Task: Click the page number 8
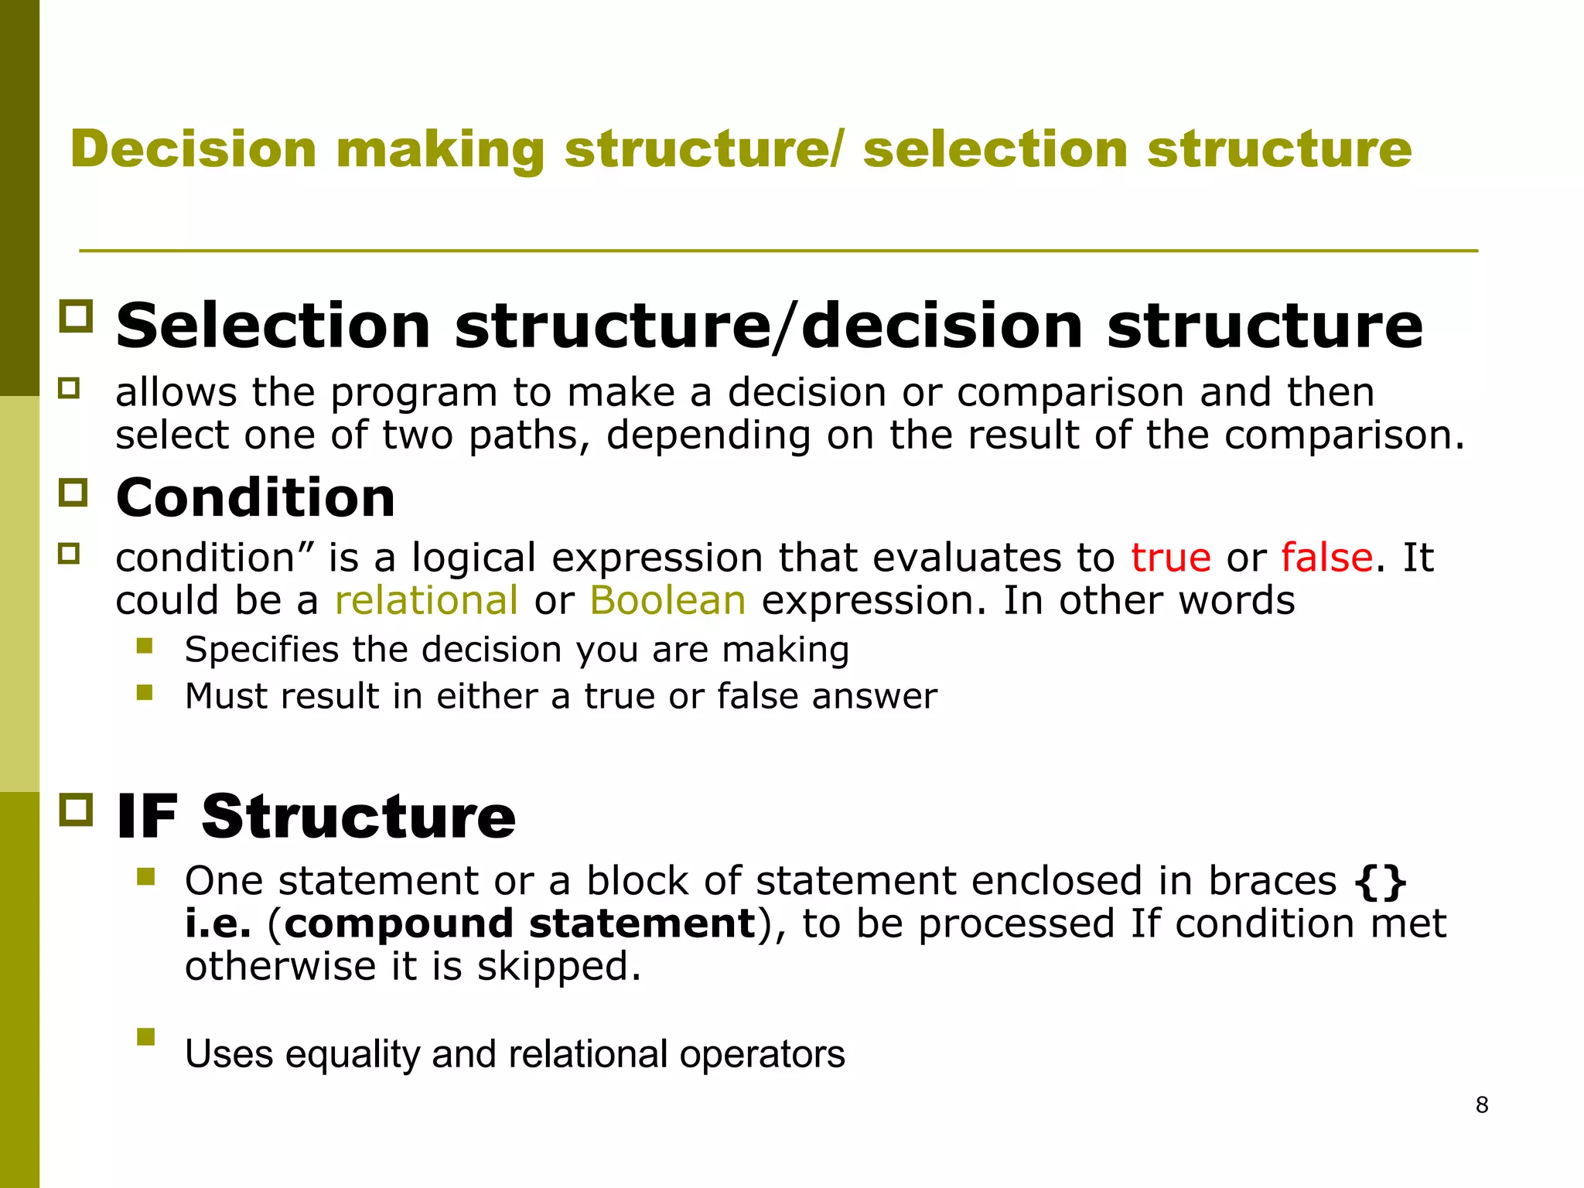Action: click(x=1481, y=1105)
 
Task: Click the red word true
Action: click(x=1170, y=558)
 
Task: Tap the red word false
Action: click(x=1326, y=558)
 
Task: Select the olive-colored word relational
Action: click(x=426, y=601)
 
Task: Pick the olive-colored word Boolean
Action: click(x=667, y=601)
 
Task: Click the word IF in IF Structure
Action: click(x=147, y=817)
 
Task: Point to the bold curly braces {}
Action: click(x=1381, y=881)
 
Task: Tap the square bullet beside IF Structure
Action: click(x=76, y=810)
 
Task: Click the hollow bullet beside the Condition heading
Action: click(x=74, y=492)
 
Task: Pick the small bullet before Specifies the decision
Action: click(x=145, y=645)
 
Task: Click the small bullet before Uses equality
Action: click(x=145, y=1036)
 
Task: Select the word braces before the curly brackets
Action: click(x=1272, y=881)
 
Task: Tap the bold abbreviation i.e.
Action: click(x=218, y=923)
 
